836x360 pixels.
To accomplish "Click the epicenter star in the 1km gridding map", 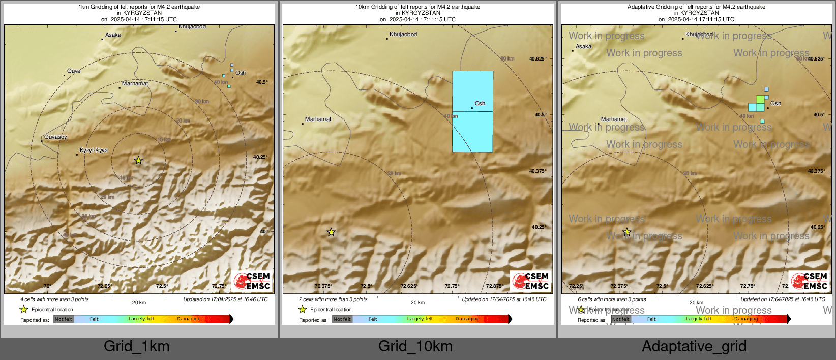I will pos(138,160).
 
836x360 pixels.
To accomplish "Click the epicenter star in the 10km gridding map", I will pos(331,232).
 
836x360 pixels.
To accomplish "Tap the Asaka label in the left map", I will pos(113,35).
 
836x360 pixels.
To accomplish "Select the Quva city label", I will pos(74,71).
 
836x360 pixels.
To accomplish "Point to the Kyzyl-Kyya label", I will pos(94,151).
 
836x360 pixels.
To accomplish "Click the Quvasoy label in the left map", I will pos(55,137).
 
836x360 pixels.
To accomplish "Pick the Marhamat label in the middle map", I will pos(318,119).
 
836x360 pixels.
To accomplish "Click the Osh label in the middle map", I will pos(480,104).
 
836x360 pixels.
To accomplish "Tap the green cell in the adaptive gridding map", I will pos(760,99).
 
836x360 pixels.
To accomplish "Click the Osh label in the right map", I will pos(775,104).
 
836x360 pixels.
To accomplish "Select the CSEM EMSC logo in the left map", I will pos(252,281).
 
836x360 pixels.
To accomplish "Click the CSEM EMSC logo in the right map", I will pos(809,281).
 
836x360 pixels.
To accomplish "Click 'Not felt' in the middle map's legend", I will pos(342,319).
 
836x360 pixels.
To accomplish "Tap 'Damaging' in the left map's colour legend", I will pos(189,319).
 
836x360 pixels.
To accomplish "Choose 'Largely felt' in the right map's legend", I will pos(698,319).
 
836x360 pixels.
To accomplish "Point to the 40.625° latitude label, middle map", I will pos(538,59).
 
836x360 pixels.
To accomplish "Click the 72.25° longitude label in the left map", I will pos(104,286).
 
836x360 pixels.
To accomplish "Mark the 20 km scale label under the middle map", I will pos(417,303).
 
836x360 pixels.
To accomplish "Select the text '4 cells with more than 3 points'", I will pos(54,299).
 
